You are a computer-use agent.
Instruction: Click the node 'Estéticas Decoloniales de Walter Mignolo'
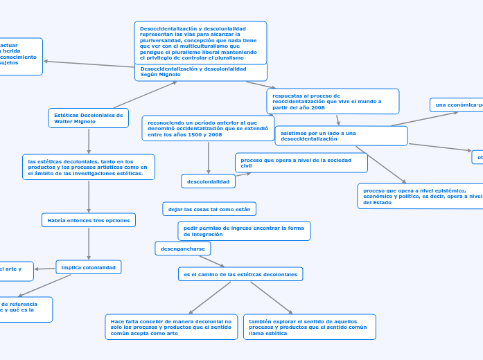(x=89, y=118)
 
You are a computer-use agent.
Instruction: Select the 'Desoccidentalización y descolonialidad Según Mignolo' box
(x=200, y=72)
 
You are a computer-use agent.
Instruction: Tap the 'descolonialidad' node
(x=208, y=181)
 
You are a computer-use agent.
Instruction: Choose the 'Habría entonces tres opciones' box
(x=89, y=220)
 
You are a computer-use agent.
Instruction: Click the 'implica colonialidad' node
(x=89, y=267)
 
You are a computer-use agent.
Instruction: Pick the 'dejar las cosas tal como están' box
(x=210, y=209)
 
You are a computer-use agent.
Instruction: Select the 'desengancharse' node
(x=182, y=249)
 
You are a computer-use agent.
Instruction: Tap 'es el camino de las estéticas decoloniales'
(x=240, y=274)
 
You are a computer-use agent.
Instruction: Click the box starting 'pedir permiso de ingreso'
(x=243, y=231)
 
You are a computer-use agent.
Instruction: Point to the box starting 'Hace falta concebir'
(x=171, y=327)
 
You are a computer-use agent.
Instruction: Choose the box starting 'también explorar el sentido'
(x=309, y=327)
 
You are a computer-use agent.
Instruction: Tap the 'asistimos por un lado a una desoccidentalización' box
(x=341, y=136)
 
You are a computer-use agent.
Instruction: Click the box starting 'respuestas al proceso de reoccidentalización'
(x=333, y=101)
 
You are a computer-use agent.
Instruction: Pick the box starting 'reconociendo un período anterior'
(x=207, y=128)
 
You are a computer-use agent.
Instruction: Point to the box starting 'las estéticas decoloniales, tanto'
(x=89, y=167)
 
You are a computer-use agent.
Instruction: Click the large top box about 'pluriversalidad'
(x=200, y=42)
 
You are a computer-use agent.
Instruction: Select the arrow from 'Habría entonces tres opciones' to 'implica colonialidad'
(x=89, y=243)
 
